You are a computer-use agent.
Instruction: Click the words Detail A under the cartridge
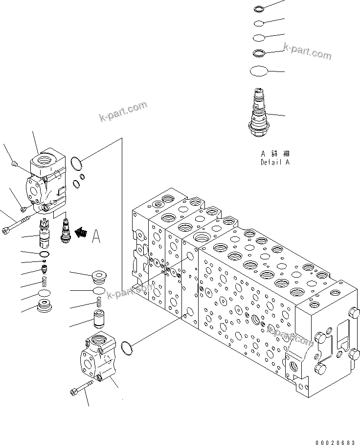[275, 162]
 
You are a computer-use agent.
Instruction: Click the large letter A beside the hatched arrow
[96, 237]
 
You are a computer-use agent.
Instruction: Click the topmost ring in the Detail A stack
[259, 8]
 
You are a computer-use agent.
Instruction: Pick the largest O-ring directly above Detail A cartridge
[259, 71]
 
